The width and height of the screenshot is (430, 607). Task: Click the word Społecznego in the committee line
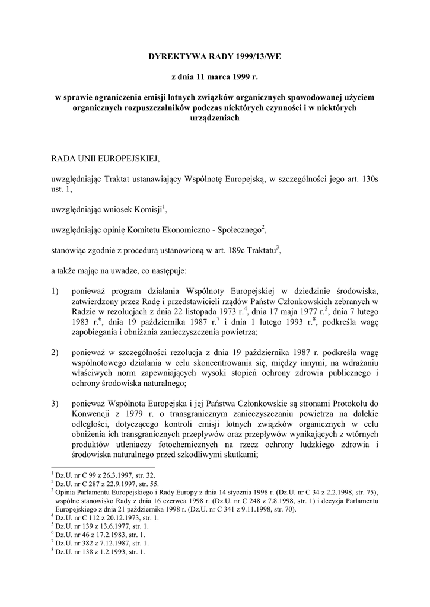[x=237, y=229]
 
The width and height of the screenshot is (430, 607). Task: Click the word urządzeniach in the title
[x=214, y=118]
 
